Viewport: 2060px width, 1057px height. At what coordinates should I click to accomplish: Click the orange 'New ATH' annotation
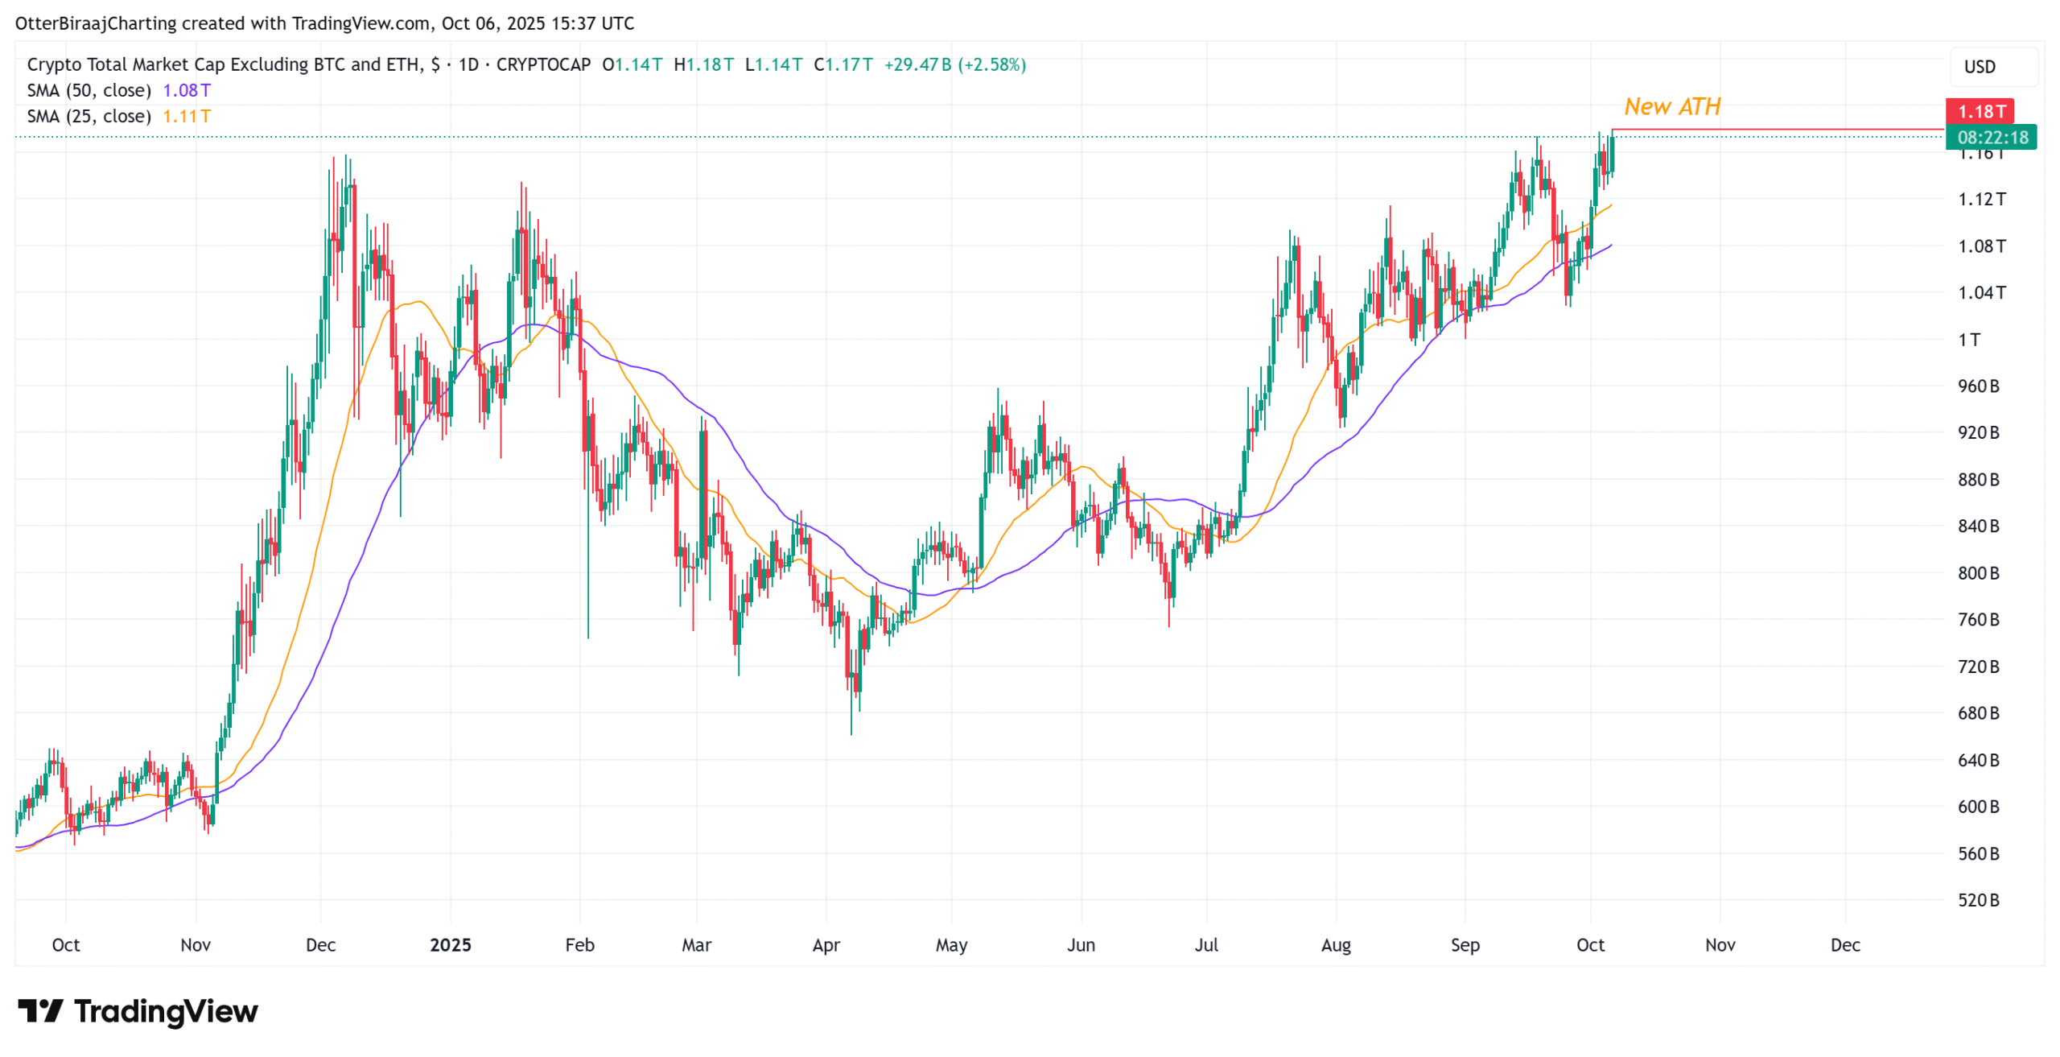click(1671, 106)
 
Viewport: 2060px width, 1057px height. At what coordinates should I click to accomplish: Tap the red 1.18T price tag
click(1980, 111)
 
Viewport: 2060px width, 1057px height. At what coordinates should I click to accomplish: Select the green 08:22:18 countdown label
click(1992, 137)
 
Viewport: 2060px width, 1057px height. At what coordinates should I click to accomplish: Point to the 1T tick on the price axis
click(1968, 339)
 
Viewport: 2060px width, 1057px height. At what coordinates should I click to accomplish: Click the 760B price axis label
click(1978, 619)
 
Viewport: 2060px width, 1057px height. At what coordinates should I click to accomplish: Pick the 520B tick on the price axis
click(1978, 899)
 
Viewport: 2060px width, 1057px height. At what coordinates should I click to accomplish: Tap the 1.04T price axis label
click(1980, 292)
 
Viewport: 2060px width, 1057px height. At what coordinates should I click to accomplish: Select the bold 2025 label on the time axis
click(450, 944)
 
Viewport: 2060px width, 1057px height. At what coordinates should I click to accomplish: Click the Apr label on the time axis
click(826, 944)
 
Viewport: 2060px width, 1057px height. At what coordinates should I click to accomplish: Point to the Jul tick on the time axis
click(1205, 944)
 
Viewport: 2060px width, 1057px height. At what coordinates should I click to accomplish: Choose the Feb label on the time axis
click(579, 944)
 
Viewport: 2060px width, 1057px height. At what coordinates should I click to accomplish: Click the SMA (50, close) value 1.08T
click(187, 90)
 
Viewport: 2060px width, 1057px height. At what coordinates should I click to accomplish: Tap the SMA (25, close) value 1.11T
click(187, 116)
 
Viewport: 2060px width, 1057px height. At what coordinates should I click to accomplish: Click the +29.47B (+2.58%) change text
click(954, 64)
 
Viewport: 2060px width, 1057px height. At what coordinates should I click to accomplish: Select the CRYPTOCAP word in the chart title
click(543, 64)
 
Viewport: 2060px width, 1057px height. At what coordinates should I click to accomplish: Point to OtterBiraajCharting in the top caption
click(96, 23)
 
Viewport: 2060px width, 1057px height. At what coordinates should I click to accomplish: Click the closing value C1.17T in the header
click(843, 64)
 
